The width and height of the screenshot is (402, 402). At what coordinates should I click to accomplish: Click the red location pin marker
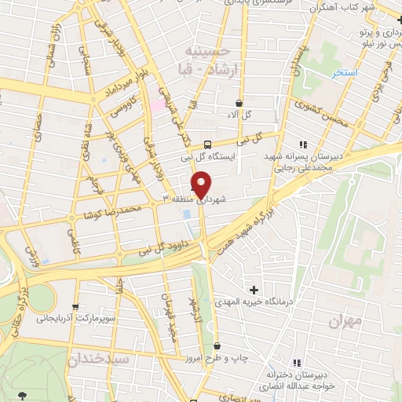point(202,185)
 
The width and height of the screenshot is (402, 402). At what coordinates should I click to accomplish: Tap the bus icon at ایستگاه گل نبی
point(207,144)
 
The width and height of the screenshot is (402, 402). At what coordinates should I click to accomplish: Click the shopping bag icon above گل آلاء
point(239,103)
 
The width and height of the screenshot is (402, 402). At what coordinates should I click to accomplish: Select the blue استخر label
point(344,72)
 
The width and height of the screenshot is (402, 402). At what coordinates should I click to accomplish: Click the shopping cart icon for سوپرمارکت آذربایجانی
point(75,306)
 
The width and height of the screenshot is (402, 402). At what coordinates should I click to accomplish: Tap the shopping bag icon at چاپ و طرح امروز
point(217,346)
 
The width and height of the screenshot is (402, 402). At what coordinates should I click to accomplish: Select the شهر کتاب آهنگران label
point(355,6)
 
